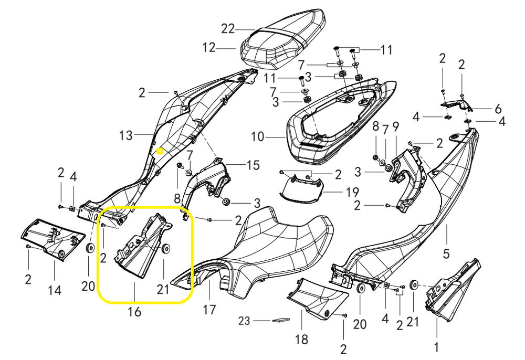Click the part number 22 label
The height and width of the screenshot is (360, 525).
tap(228, 29)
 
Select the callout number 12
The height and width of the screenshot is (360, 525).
tap(209, 48)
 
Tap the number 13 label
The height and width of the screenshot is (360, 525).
tap(126, 135)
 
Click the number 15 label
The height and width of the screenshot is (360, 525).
tap(253, 165)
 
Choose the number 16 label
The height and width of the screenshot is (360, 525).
tap(134, 312)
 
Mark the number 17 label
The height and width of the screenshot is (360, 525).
tap(209, 310)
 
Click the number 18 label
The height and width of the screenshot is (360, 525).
tap(301, 339)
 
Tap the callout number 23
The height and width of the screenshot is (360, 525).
tap(245, 320)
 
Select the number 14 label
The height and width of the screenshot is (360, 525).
tap(55, 290)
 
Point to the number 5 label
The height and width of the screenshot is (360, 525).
tap(446, 254)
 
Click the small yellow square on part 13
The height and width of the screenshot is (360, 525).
tap(161, 151)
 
